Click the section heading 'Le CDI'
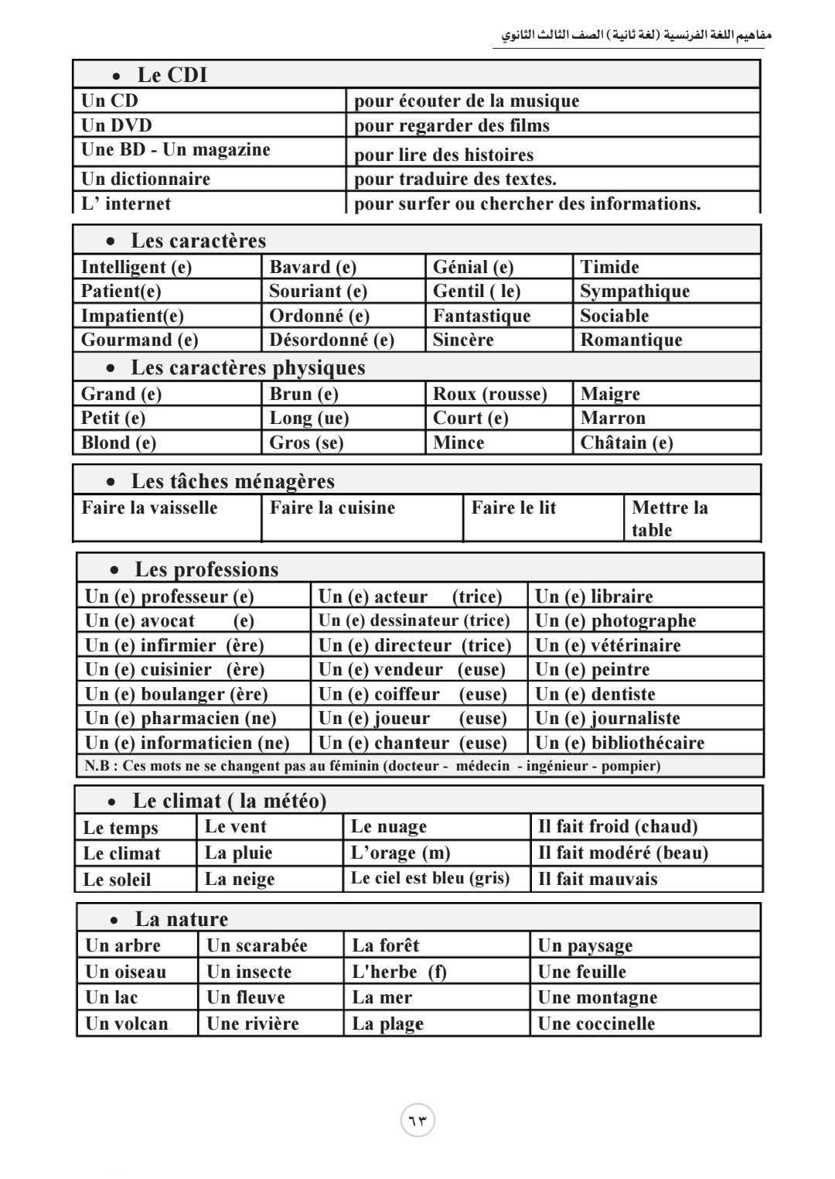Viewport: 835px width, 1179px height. click(x=172, y=75)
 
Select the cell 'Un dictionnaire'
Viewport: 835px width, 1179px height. click(x=145, y=179)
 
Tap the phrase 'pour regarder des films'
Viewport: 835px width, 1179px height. click(x=452, y=125)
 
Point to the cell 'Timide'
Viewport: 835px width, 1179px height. click(x=609, y=267)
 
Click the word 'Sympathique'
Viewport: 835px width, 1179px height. click(x=635, y=291)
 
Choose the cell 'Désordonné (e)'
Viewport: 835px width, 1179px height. click(x=332, y=340)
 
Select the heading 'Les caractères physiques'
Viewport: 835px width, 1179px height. click(x=247, y=367)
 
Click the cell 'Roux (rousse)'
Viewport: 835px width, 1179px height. click(x=489, y=394)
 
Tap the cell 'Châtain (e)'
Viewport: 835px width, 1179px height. click(x=626, y=443)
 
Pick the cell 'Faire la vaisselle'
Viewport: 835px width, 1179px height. click(x=149, y=507)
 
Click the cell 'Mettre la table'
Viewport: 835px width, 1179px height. click(x=669, y=518)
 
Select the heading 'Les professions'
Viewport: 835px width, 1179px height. click(x=206, y=569)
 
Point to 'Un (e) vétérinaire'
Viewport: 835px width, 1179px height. click(x=608, y=645)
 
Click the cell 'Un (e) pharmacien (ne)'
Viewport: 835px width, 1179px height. click(x=180, y=718)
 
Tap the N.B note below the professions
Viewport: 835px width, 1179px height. click(x=372, y=766)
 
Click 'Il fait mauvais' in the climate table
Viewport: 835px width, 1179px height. click(x=598, y=879)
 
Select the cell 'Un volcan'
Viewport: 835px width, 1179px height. click(x=126, y=1024)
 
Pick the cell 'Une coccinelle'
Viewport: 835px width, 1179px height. click(x=596, y=1024)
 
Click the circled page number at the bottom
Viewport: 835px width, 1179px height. click(x=417, y=1120)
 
